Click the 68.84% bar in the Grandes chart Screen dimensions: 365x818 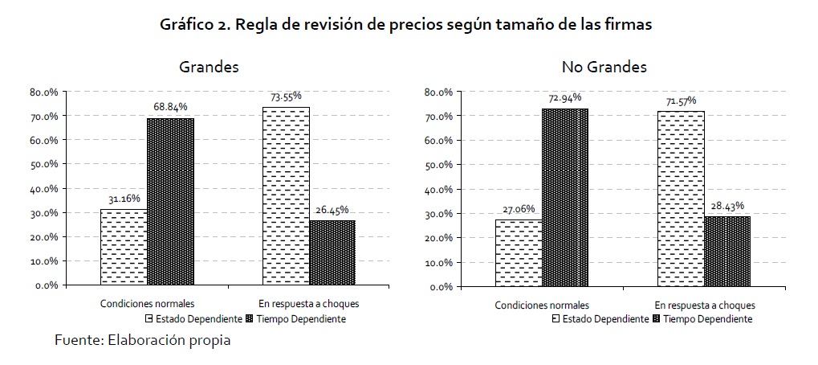pyautogui.click(x=169, y=201)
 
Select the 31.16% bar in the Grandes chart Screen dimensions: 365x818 pyautogui.click(x=124, y=247)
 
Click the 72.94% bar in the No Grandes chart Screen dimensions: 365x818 pyautogui.click(x=564, y=198)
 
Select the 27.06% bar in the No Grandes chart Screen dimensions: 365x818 pyautogui.click(x=519, y=252)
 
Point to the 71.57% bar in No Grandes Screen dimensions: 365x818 pyautogui.click(x=682, y=199)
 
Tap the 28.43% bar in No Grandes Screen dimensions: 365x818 pyautogui.click(x=727, y=251)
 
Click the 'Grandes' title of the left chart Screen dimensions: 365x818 pyautogui.click(x=209, y=67)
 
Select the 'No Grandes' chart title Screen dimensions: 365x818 pyautogui.click(x=605, y=67)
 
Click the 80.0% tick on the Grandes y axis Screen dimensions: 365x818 pyautogui.click(x=43, y=92)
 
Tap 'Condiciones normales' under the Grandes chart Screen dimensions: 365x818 pyautogui.click(x=147, y=304)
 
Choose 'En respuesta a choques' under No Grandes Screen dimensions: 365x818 pyautogui.click(x=704, y=306)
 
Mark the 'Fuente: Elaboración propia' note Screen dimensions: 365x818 pyautogui.click(x=142, y=340)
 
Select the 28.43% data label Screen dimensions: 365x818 pyautogui.click(x=727, y=205)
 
